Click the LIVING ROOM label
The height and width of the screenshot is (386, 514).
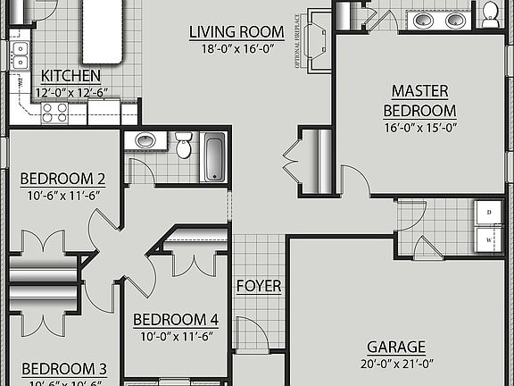click(x=236, y=33)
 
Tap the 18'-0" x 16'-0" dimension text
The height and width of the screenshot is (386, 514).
click(x=236, y=50)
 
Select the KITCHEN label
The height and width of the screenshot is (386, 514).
click(x=70, y=77)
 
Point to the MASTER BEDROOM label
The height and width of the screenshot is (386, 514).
click(x=419, y=101)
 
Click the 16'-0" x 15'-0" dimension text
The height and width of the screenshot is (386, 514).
click(x=419, y=127)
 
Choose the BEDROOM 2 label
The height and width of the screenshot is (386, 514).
click(x=63, y=177)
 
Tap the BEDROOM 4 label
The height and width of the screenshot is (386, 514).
click(x=176, y=320)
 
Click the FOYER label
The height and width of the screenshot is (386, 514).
click(x=259, y=287)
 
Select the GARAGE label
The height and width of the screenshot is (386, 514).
click(x=396, y=347)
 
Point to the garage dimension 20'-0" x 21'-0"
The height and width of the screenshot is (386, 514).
click(x=396, y=363)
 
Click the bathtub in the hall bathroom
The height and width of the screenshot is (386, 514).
click(x=214, y=156)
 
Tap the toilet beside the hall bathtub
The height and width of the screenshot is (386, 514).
click(x=184, y=144)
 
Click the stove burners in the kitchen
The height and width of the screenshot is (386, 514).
click(x=55, y=112)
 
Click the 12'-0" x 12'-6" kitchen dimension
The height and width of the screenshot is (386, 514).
click(x=70, y=93)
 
